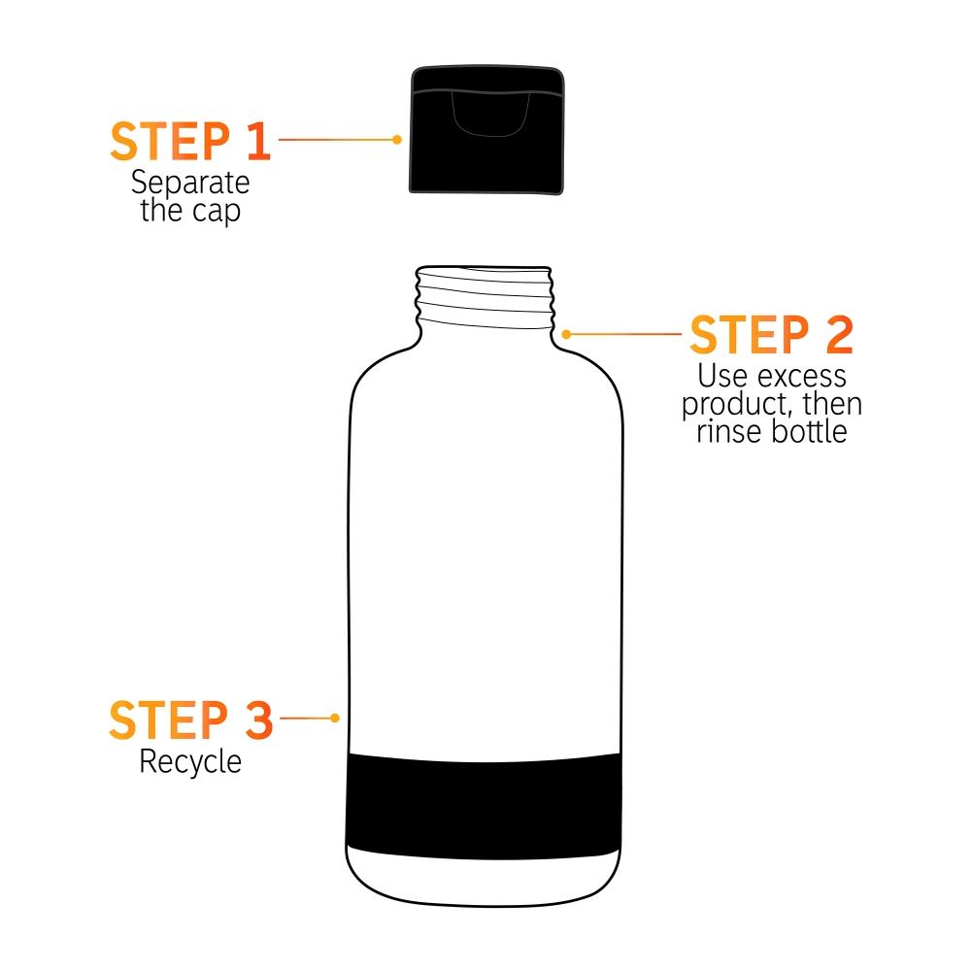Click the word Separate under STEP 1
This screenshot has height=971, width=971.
point(190,183)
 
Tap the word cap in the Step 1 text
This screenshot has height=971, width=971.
point(217,212)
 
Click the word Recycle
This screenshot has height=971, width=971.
point(190,761)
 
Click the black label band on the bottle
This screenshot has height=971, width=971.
point(484,806)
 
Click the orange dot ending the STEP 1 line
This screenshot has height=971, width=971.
point(397,140)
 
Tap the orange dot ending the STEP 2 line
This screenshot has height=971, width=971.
point(566,333)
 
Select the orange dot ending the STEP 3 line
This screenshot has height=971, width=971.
point(335,719)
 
